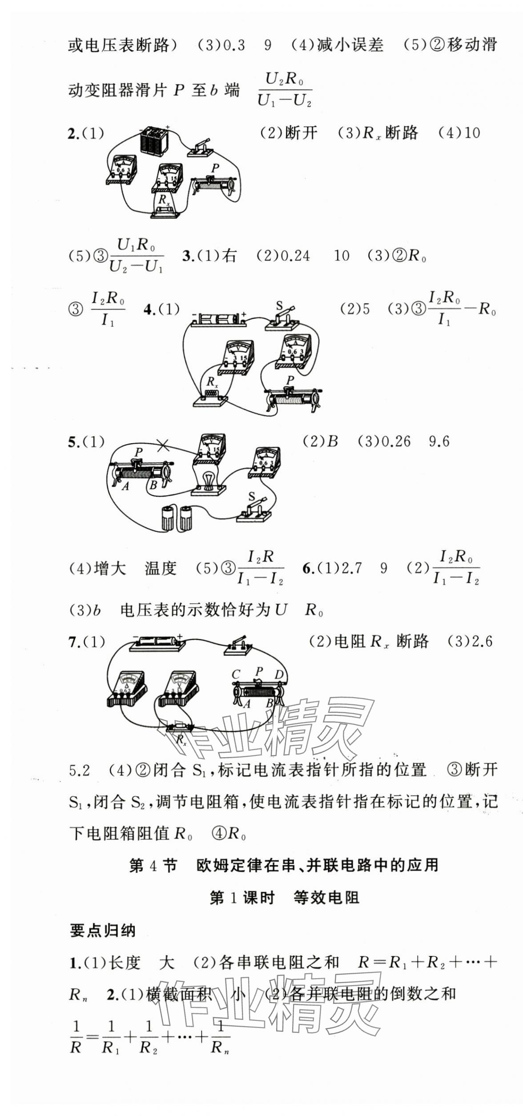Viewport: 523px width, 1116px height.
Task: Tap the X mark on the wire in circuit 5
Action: click(x=163, y=444)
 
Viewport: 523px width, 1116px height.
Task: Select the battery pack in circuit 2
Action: click(x=154, y=141)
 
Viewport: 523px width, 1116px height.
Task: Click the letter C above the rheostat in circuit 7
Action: click(x=236, y=674)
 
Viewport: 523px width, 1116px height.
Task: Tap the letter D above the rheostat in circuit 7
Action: click(x=278, y=674)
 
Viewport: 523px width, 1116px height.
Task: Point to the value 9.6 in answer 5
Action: click(x=439, y=442)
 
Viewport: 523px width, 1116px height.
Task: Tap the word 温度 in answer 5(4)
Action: click(x=161, y=568)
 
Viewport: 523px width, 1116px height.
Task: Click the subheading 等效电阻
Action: click(x=326, y=895)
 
